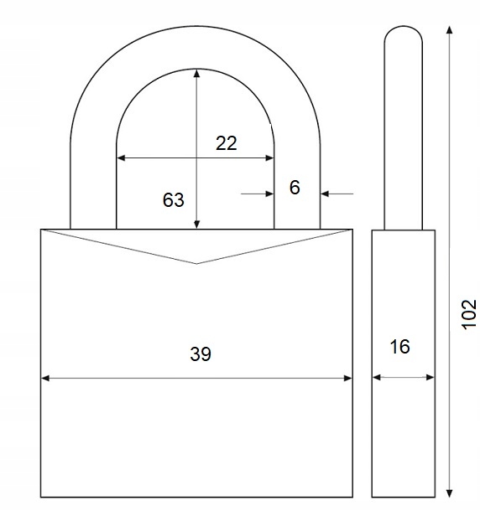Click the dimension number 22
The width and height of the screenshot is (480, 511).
[226, 143]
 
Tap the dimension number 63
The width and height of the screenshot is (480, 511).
[174, 199]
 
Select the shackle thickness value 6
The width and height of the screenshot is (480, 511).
[295, 188]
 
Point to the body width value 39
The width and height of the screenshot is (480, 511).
[201, 354]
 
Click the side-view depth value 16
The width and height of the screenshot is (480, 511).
[400, 347]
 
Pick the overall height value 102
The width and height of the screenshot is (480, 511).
[469, 314]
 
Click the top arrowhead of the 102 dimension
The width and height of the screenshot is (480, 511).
[450, 30]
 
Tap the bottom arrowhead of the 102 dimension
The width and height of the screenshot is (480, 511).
[450, 493]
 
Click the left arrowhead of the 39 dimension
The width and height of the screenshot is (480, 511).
[45, 378]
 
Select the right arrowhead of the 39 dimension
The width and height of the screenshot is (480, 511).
[348, 378]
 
